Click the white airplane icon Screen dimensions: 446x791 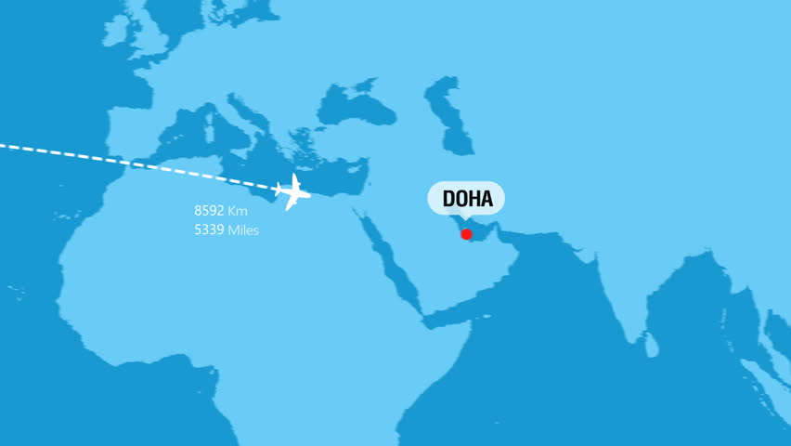pyautogui.click(x=293, y=192)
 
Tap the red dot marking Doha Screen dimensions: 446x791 pyautogui.click(x=466, y=234)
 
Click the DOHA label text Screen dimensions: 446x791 pyautogui.click(x=466, y=198)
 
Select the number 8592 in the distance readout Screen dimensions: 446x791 pyautogui.click(x=209, y=211)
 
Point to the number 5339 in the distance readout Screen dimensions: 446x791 pyautogui.click(x=209, y=230)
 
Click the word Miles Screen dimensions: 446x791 pyautogui.click(x=243, y=230)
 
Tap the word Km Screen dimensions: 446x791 pyautogui.click(x=238, y=212)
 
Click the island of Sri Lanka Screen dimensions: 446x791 pyautogui.click(x=653, y=346)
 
